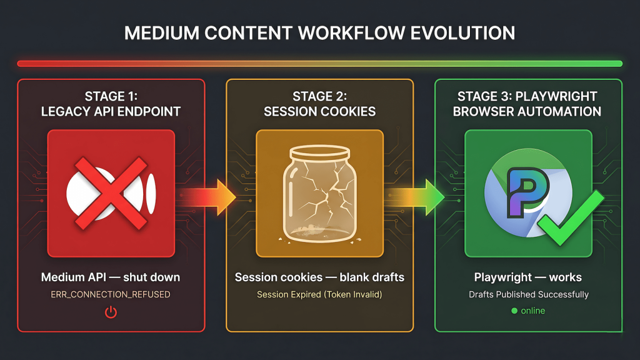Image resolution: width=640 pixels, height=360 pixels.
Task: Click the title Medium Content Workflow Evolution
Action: pyautogui.click(x=319, y=33)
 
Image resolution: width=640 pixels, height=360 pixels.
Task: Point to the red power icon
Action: pyautogui.click(x=111, y=312)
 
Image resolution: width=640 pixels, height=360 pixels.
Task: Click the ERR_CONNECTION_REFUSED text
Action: pyautogui.click(x=111, y=294)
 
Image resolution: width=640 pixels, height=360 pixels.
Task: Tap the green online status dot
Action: pyautogui.click(x=514, y=311)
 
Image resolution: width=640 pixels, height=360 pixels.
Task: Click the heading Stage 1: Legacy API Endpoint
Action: pyautogui.click(x=111, y=104)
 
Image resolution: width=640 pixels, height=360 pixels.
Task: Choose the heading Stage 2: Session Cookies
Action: pyautogui.click(x=319, y=104)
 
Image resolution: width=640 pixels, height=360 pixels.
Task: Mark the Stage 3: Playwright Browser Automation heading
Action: pyautogui.click(x=527, y=104)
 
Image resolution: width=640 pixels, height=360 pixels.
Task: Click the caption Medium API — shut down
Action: pyautogui.click(x=111, y=277)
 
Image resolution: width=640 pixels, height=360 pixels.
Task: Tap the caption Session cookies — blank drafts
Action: pyautogui.click(x=319, y=277)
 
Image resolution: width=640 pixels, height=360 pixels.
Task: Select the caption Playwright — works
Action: pyautogui.click(x=527, y=277)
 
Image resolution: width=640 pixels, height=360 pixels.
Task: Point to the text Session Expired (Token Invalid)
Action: pyautogui.click(x=319, y=294)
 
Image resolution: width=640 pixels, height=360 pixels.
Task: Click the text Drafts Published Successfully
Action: pyautogui.click(x=527, y=294)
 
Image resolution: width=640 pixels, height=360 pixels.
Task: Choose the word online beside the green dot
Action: pyautogui.click(x=533, y=311)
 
